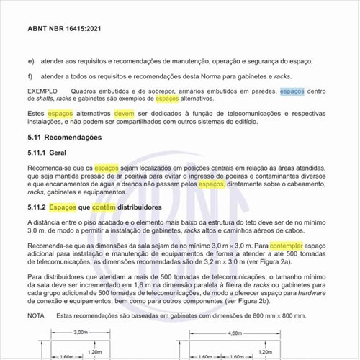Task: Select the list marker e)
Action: (30, 63)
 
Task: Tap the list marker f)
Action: (30, 78)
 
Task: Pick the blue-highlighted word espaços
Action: (292, 91)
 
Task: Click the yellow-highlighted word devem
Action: (124, 114)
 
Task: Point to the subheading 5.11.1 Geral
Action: (47, 153)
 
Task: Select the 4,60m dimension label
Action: (235, 332)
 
